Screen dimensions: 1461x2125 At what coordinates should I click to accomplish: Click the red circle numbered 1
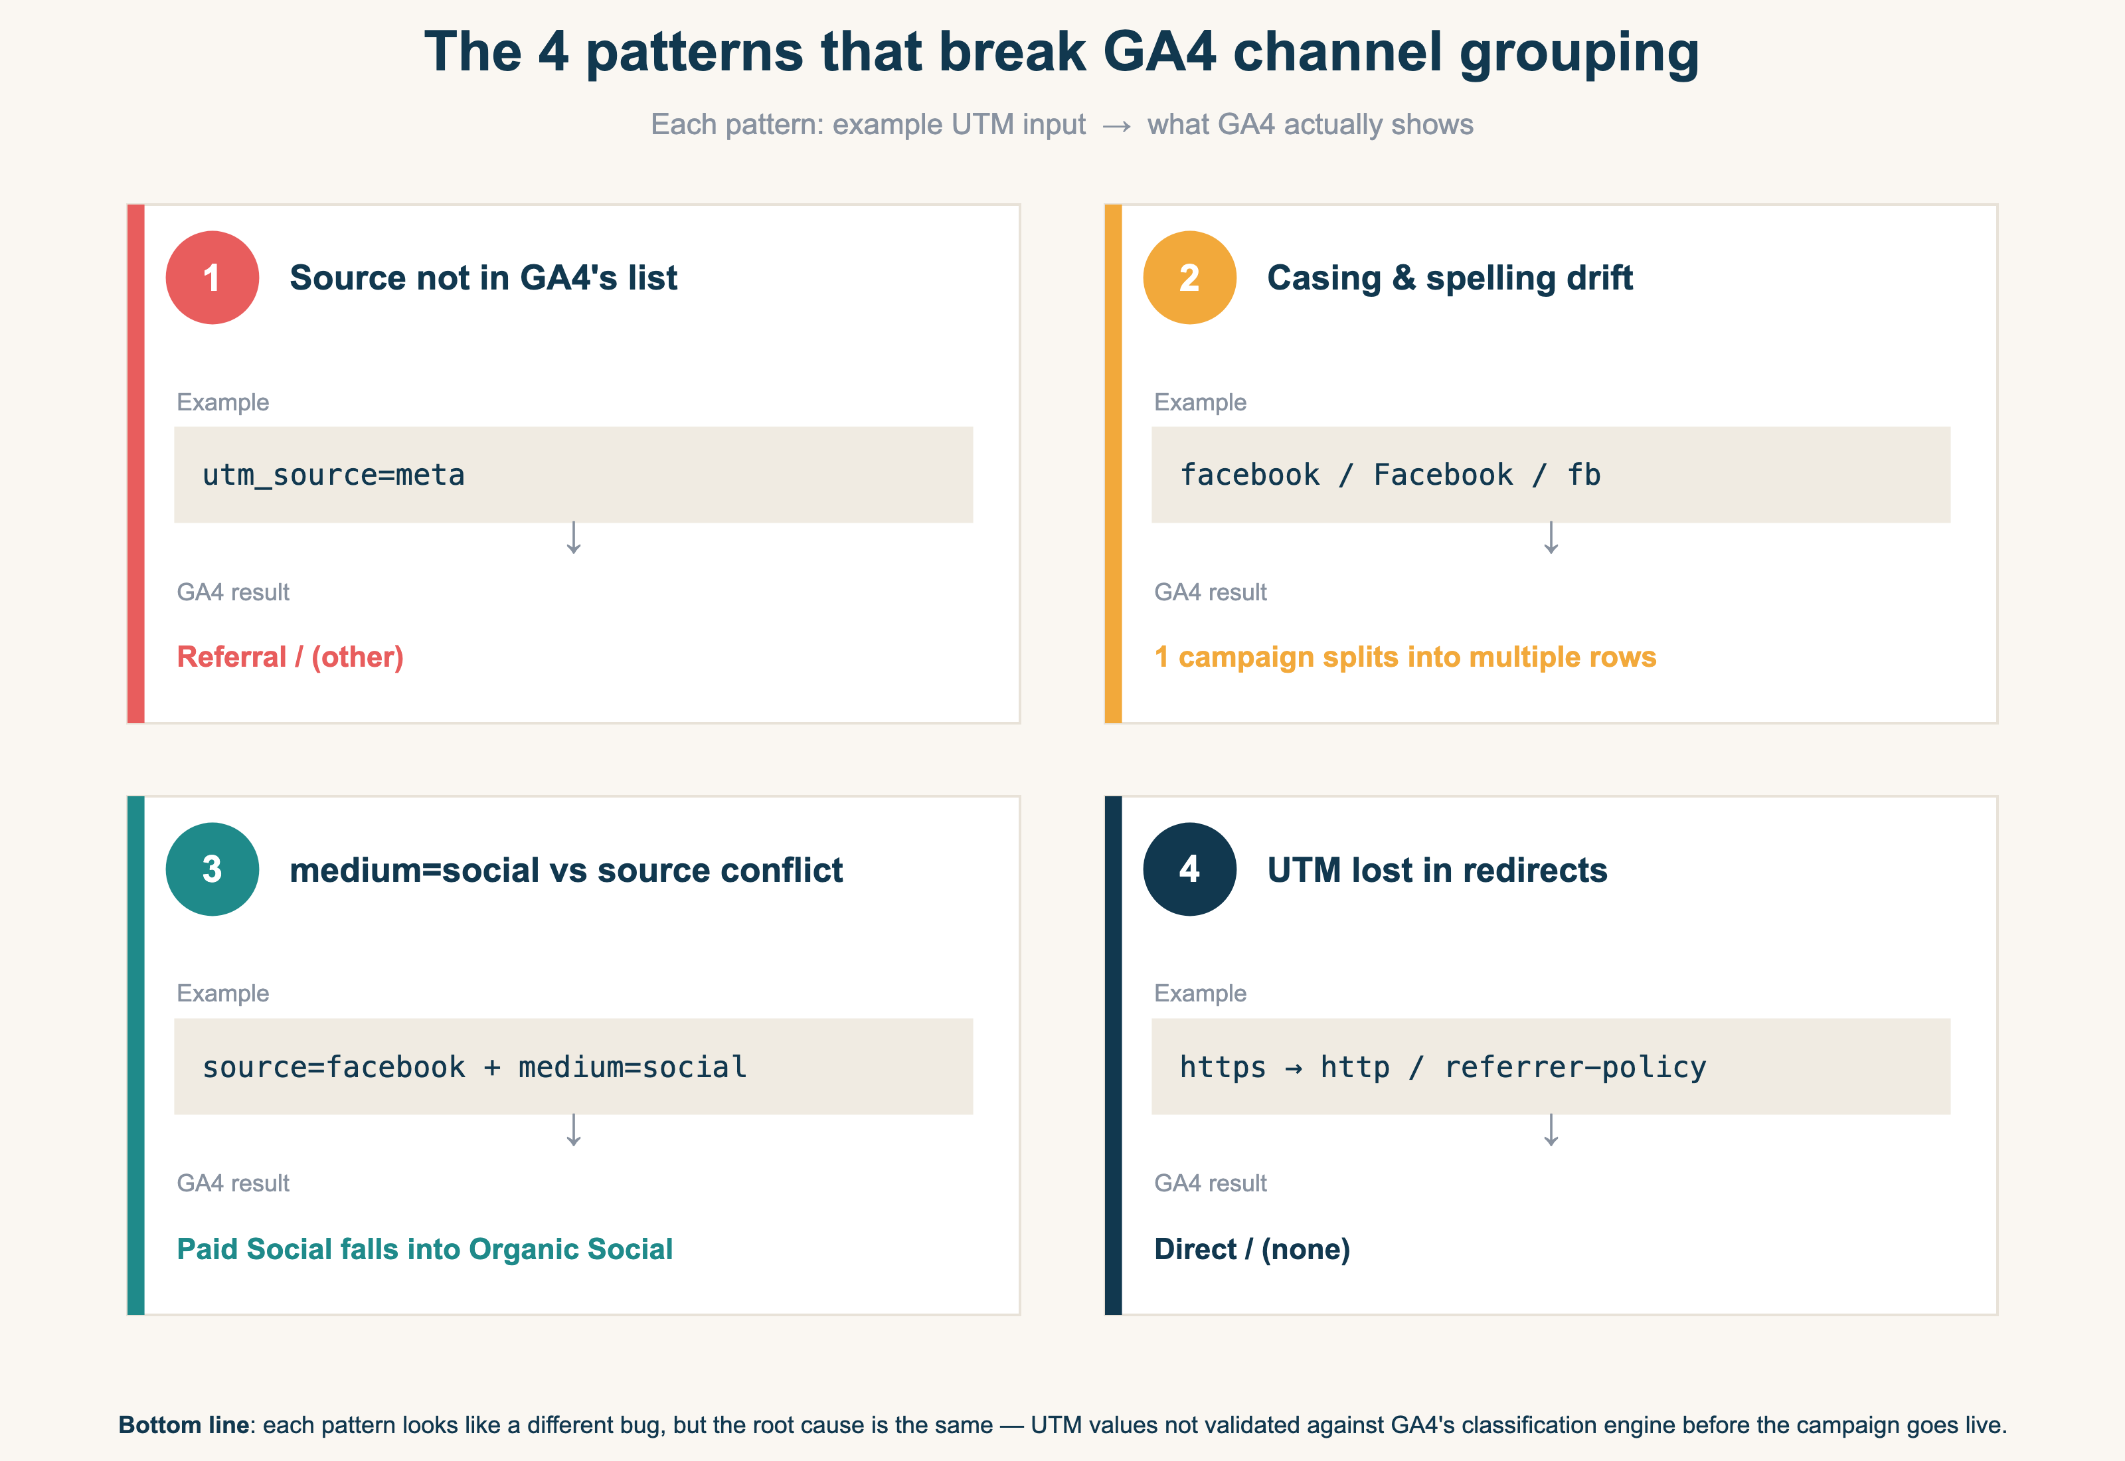tap(212, 278)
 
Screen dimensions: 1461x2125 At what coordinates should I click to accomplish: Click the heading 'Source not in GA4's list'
tap(483, 278)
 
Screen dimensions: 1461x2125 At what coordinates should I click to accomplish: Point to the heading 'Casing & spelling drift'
tap(1449, 278)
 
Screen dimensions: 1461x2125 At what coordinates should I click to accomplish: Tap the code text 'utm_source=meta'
tap(333, 475)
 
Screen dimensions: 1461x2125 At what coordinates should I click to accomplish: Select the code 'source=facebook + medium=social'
tap(474, 1067)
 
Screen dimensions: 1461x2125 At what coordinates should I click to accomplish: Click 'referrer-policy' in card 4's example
tap(1575, 1067)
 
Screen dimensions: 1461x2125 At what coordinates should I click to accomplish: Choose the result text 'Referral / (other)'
tap(290, 657)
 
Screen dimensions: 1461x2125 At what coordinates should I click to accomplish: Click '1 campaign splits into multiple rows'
tap(1404, 657)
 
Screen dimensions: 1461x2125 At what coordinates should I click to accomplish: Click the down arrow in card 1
tap(574, 539)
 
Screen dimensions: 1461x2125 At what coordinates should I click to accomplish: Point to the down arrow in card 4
tap(1551, 1130)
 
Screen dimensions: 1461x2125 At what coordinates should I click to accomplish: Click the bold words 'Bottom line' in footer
tap(183, 1425)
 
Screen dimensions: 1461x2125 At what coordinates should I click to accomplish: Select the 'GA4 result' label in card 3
tap(232, 1183)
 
